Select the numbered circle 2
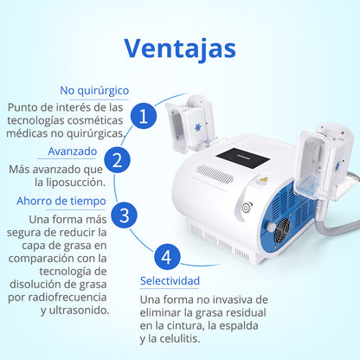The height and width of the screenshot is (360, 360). [119, 160]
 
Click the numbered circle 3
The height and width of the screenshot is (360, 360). [125, 214]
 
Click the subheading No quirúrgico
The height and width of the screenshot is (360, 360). [94, 90]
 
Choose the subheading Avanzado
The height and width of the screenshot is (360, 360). [72, 151]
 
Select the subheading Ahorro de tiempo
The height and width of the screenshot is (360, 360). [61, 201]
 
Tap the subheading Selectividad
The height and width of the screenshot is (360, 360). [170, 281]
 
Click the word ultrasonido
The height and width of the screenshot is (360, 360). [74, 309]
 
